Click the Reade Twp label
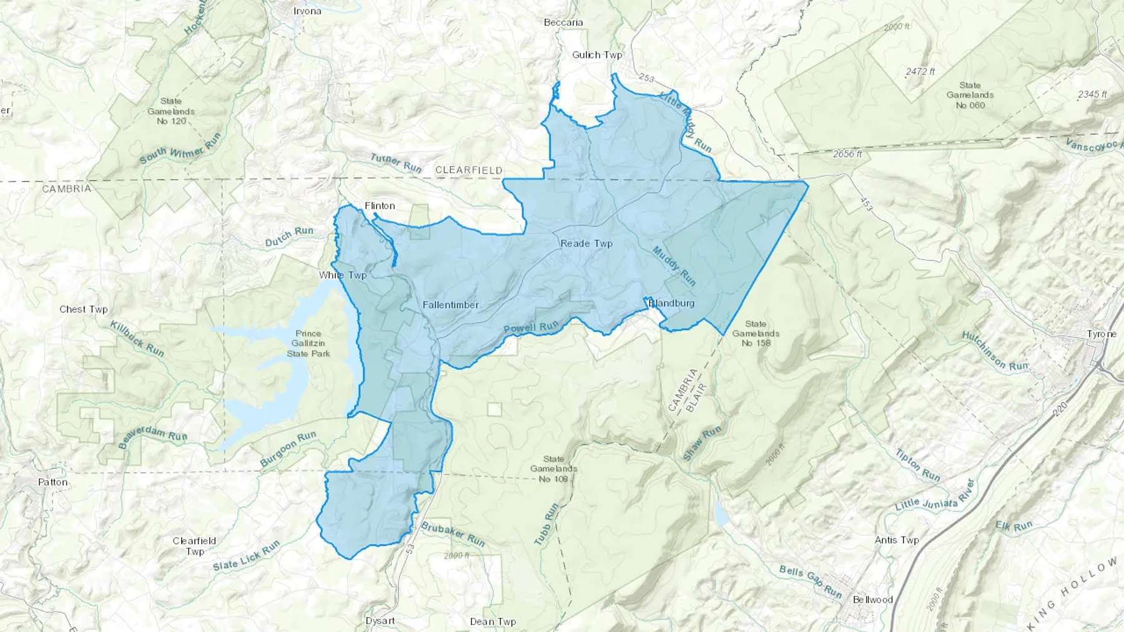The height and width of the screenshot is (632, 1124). point(586,243)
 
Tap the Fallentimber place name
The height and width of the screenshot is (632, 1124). point(450,305)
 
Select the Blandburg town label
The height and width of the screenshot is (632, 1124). point(671,303)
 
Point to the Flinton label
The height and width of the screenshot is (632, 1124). point(380,206)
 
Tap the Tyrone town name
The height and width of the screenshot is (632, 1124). point(1101,334)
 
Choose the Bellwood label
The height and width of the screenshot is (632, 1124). point(872,600)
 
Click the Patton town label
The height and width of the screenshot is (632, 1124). point(52,482)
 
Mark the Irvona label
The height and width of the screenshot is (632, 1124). point(307,11)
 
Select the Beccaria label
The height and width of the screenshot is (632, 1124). point(563,22)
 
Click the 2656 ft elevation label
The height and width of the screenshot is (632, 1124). point(847,153)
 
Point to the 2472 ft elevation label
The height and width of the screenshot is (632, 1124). point(920,72)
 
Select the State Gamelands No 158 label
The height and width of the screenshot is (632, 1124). point(756,333)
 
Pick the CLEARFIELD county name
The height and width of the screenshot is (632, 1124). point(468,170)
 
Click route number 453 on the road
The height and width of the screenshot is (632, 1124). point(865,203)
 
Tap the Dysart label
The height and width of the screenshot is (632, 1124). point(380,621)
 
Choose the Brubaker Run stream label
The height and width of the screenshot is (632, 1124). point(453,534)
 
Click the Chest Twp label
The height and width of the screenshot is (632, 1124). point(83,309)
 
